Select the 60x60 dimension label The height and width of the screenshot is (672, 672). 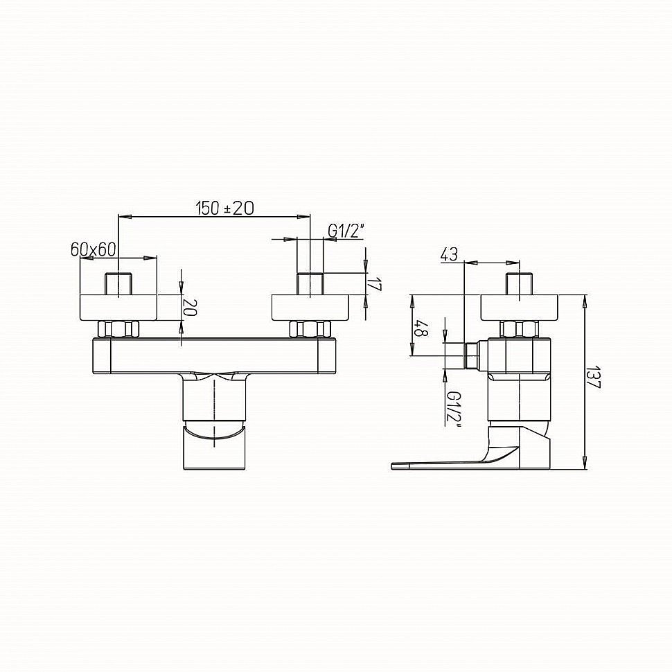pos(92,249)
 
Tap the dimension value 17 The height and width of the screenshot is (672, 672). pos(375,284)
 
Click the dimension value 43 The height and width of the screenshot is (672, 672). pos(449,254)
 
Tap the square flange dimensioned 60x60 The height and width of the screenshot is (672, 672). pos(119,308)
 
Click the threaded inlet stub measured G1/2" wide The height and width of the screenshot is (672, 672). pos(310,284)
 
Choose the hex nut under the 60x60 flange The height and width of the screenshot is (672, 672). pos(119,329)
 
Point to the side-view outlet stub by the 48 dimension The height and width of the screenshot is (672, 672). pos(473,355)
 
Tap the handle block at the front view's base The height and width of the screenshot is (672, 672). pos(215,447)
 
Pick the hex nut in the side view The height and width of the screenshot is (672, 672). pos(519,329)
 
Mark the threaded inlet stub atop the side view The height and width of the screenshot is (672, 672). pos(519,284)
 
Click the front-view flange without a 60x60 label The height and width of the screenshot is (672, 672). pos(311,308)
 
